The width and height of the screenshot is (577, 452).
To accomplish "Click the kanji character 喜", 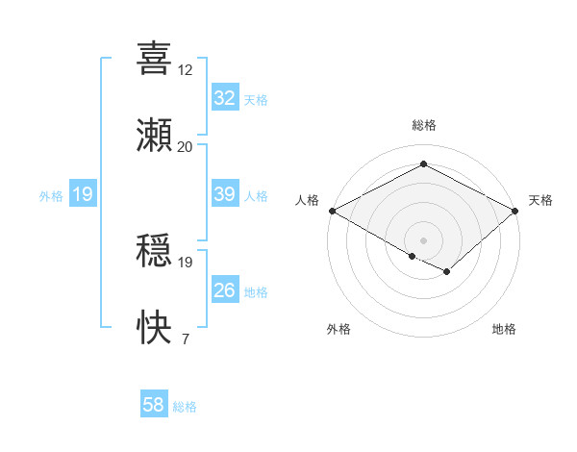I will click(x=154, y=58).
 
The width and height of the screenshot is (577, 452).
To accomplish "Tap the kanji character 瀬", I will click(x=154, y=135).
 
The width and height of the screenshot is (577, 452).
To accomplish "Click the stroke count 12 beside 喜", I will click(x=186, y=70).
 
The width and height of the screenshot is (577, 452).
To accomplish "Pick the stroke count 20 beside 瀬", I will click(x=186, y=147).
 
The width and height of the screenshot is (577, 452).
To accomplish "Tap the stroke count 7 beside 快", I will click(x=185, y=339).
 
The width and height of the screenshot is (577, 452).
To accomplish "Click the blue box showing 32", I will click(x=224, y=98).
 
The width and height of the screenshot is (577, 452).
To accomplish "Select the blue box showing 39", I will click(x=224, y=194).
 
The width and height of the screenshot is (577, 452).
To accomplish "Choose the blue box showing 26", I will click(x=224, y=290).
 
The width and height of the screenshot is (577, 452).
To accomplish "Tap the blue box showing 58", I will click(x=153, y=406).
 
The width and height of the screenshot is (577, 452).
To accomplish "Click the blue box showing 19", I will click(x=83, y=195).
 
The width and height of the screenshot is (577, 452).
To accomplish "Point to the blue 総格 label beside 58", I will click(x=185, y=407).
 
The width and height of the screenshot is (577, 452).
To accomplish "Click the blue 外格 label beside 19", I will click(x=51, y=196).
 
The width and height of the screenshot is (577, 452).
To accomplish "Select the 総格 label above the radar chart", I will click(x=423, y=125).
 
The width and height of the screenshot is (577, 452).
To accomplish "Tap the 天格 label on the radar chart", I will click(x=540, y=200).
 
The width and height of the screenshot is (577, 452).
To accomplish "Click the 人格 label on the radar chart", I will click(x=307, y=200).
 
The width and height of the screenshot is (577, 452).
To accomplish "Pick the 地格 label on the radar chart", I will click(x=504, y=329).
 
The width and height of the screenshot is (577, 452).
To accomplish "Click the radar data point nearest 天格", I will click(x=516, y=211).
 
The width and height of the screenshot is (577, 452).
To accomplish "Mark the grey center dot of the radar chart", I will click(x=423, y=239).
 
